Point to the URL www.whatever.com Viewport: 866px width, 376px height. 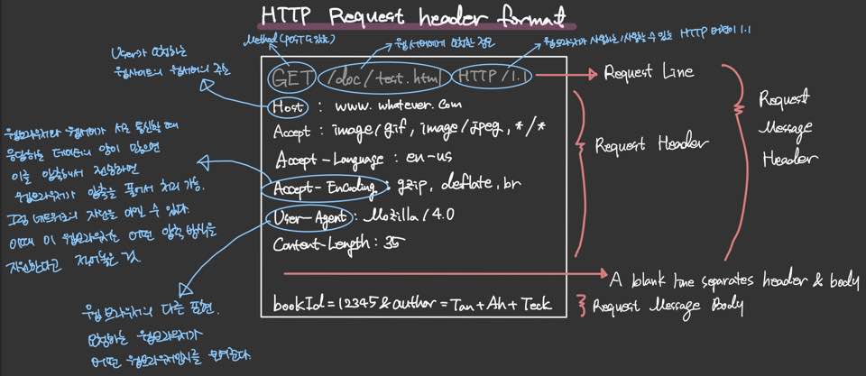coord(398,106)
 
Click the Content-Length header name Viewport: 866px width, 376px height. coord(319,243)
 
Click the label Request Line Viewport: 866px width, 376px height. coord(643,71)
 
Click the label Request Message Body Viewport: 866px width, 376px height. coord(667,306)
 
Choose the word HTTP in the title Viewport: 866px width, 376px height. coord(283,16)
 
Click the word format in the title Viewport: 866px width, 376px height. coord(531,16)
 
